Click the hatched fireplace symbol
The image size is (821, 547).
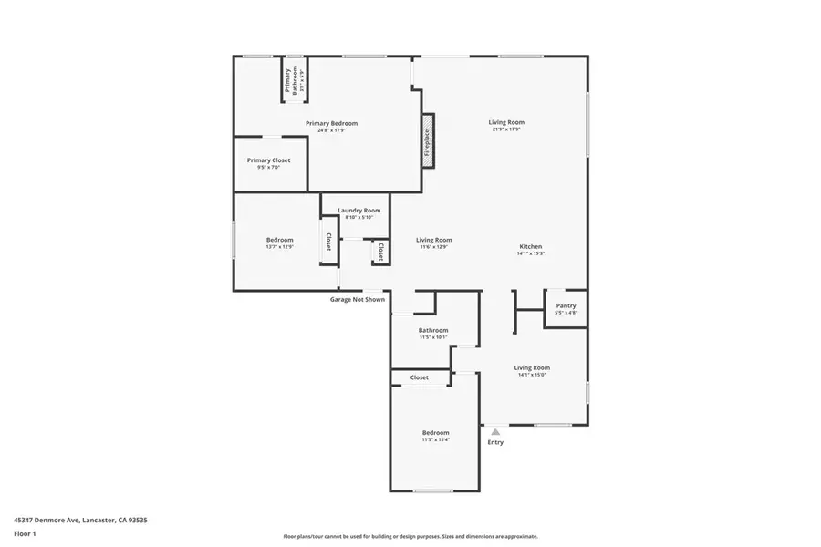tap(426, 141)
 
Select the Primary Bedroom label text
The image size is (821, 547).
tap(331, 123)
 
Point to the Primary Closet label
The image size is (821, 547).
tap(268, 160)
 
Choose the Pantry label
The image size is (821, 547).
tap(566, 305)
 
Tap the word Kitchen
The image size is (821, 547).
tap(531, 246)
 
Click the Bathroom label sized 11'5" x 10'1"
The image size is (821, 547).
tap(433, 330)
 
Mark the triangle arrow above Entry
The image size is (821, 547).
tap(494, 431)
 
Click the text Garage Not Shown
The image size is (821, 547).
tap(357, 299)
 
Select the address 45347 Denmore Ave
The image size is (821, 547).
tap(80, 520)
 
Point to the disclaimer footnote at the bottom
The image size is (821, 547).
tap(410, 536)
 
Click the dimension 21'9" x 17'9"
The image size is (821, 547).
tap(506, 129)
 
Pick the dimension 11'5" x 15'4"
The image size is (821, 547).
tap(435, 439)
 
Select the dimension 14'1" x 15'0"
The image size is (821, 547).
tap(532, 375)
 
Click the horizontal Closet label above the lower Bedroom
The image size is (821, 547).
tap(419, 377)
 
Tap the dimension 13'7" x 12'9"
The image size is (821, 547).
tap(279, 246)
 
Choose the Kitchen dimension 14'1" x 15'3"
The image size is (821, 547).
tap(531, 253)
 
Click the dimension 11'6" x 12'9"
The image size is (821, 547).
tap(434, 247)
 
